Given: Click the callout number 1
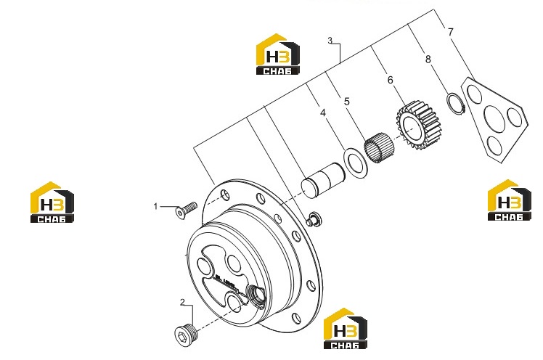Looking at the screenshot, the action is coord(155,206).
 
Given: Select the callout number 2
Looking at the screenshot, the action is coord(182,302).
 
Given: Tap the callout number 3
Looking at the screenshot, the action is coord(330,41).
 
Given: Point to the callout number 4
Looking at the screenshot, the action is coord(323,112).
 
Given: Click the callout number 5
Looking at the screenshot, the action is coord(347,102).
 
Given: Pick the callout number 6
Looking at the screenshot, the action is coord(391,80).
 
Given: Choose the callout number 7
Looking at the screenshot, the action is coord(450,32).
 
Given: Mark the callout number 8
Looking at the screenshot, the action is coord(428,60).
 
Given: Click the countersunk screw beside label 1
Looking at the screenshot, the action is coord(186,210).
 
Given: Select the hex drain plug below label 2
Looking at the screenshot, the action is coord(187,335).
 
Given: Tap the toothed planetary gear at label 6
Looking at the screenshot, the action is coord(420,126).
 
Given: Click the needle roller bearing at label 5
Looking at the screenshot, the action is coord(379,148).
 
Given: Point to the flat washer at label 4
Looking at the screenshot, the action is coord(355,163).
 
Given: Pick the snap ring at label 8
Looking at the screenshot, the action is coord(455,103).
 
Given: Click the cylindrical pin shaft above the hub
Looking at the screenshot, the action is coord(323,180).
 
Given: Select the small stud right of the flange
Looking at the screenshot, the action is coord(314,218).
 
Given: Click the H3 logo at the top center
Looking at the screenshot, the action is coord(278,54).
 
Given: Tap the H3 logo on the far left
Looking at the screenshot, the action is coord(52,202).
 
